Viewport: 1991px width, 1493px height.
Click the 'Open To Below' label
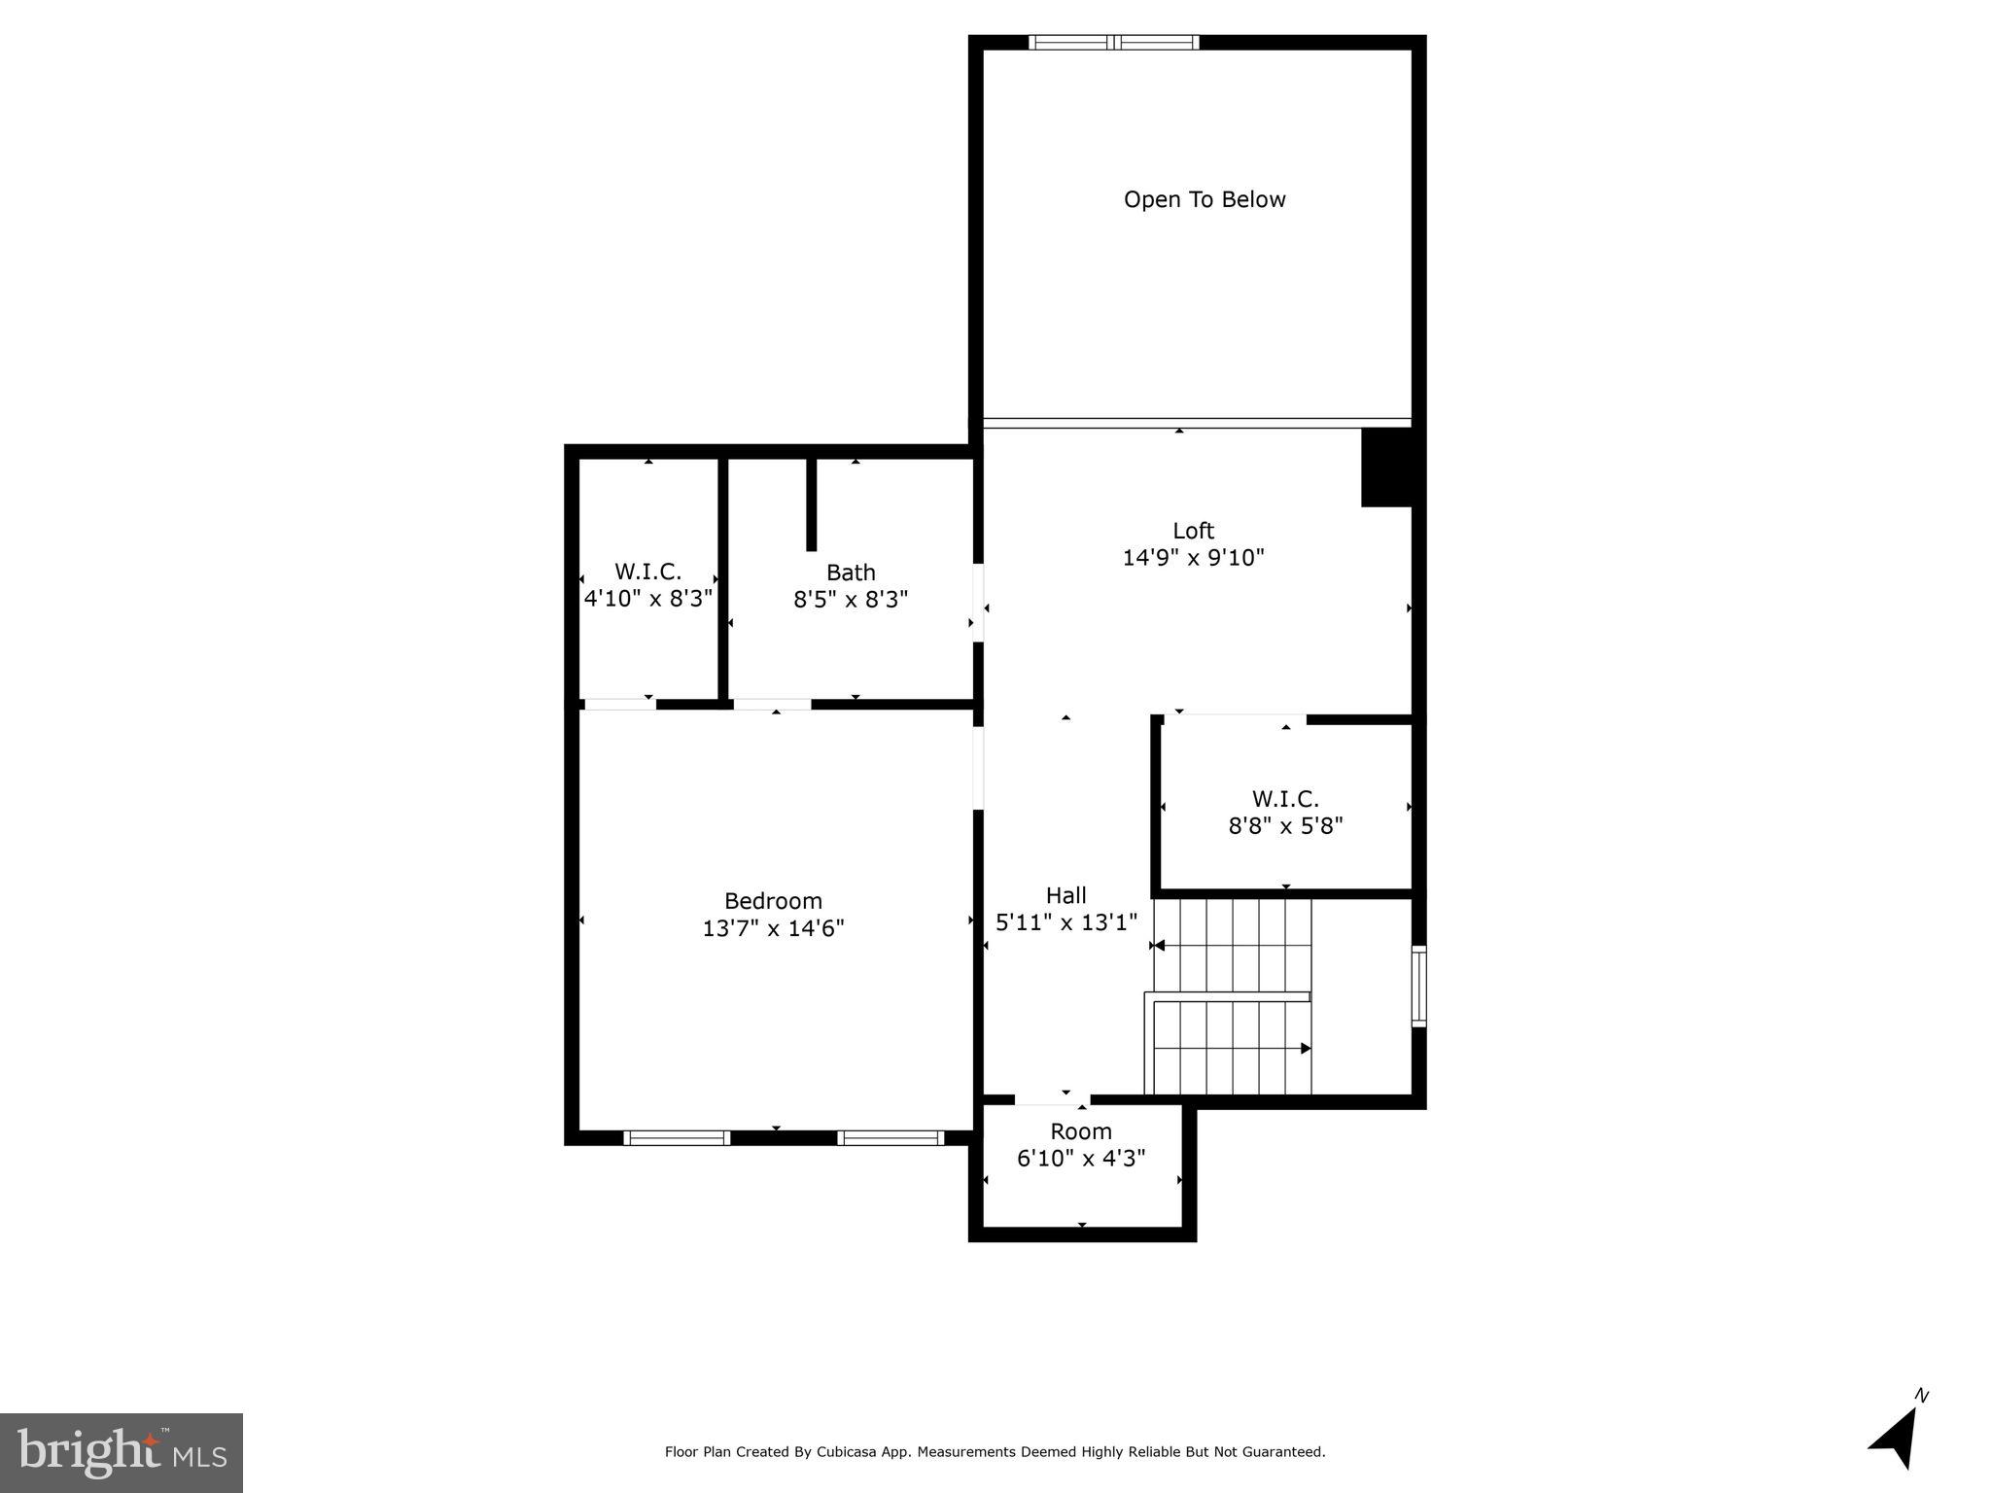[1205, 199]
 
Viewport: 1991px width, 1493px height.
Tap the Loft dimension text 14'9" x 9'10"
[1193, 558]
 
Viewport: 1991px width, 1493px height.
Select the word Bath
[851, 573]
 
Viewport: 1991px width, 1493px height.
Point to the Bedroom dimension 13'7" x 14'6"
[773, 928]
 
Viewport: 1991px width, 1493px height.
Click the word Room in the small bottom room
[1081, 1131]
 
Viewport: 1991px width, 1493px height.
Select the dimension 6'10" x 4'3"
[1081, 1159]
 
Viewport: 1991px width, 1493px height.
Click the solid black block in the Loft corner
[1385, 468]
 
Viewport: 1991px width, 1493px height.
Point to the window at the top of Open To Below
[1114, 42]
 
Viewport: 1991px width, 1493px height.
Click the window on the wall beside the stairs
[1418, 987]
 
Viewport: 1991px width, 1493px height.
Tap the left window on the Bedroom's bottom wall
[677, 1137]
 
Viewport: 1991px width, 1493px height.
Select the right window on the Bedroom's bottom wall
[891, 1137]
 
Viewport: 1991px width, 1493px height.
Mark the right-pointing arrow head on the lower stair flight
[1306, 1048]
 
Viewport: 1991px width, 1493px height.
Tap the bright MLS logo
[122, 1452]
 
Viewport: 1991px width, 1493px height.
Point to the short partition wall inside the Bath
[812, 503]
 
